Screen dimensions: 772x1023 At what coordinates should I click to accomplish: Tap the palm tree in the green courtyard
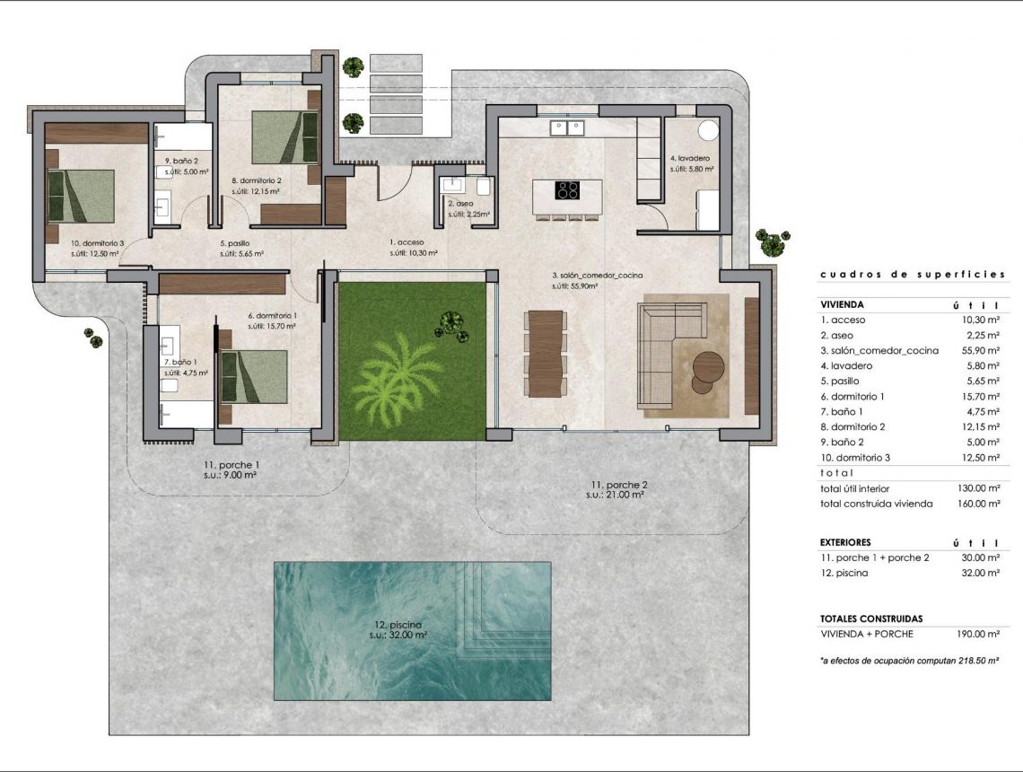pyautogui.click(x=396, y=376)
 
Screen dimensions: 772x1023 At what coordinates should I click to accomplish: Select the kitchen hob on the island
pyautogui.click(x=567, y=189)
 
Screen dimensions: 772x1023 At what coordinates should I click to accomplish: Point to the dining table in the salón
pyautogui.click(x=546, y=353)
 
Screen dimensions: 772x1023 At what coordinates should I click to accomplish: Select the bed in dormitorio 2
pyautogui.click(x=284, y=137)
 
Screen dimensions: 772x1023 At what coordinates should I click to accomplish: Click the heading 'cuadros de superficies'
pyautogui.click(x=912, y=275)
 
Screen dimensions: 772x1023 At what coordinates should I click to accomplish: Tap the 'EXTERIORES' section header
pyautogui.click(x=845, y=543)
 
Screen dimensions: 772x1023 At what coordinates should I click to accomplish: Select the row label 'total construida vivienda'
pyautogui.click(x=876, y=504)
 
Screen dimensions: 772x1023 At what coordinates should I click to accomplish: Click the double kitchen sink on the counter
pyautogui.click(x=567, y=128)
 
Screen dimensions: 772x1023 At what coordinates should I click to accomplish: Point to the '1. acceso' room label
pyautogui.click(x=407, y=242)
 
